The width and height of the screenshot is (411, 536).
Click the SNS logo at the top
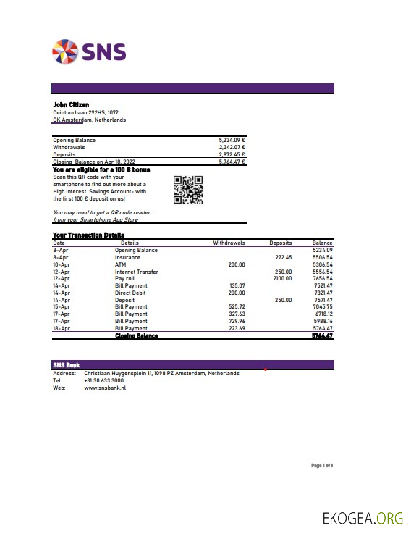click(89, 51)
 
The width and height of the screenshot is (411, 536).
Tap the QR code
click(188, 190)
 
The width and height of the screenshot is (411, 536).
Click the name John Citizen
click(69, 105)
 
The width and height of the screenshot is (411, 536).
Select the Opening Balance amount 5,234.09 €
click(232, 140)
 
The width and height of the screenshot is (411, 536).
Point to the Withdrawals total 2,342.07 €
click(232, 147)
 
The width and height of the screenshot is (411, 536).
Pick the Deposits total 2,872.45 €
click(232, 154)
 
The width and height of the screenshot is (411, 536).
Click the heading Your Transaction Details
click(88, 235)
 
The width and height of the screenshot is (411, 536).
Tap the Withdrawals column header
click(229, 243)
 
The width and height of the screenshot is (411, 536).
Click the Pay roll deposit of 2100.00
click(282, 278)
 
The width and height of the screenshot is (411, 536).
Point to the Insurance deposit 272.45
click(284, 257)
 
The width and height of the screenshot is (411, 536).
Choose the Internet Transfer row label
click(137, 272)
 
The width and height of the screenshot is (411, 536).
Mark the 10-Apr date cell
click(61, 264)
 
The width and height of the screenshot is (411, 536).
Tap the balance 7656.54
click(323, 278)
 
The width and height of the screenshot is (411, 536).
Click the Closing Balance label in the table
click(137, 336)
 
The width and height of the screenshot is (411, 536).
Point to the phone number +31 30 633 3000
click(104, 380)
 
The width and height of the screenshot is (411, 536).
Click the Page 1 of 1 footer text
click(322, 465)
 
